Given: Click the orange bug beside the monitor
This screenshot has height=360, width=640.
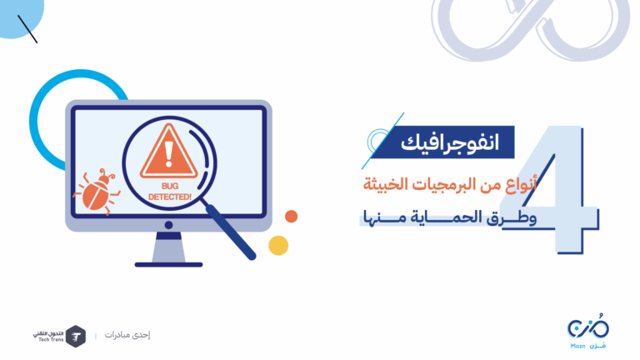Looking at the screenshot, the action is coord(97,192).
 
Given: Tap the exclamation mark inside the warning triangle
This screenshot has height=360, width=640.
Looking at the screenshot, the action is coord(168,154).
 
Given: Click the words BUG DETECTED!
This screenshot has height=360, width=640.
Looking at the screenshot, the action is coord(170,192).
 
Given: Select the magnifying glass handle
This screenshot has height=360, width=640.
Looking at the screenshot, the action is coord(231,232).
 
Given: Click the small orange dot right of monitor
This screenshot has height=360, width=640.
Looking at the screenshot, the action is coord(291,217).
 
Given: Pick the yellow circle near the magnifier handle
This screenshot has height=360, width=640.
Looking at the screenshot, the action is coord(278,245).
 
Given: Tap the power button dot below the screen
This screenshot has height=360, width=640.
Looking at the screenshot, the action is coord(168,225).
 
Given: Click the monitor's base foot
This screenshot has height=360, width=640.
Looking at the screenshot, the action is coord(168,265).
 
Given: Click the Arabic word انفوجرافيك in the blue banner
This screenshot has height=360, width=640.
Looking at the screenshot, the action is coord(450,142).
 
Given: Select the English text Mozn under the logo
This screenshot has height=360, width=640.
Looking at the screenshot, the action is coord(577,346).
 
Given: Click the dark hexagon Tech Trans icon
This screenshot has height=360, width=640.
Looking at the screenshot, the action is coord(76,337).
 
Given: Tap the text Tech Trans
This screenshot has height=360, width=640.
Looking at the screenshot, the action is coord(51,340).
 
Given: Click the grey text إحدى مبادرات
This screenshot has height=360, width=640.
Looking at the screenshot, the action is coord(127,335).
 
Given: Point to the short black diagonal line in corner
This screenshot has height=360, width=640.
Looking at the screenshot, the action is coord(27,29).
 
